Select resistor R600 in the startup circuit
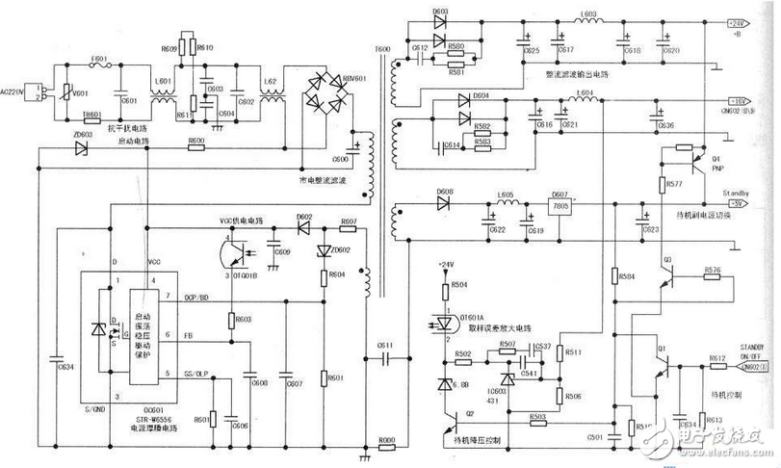click(x=196, y=149)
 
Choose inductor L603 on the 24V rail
click(x=587, y=21)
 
